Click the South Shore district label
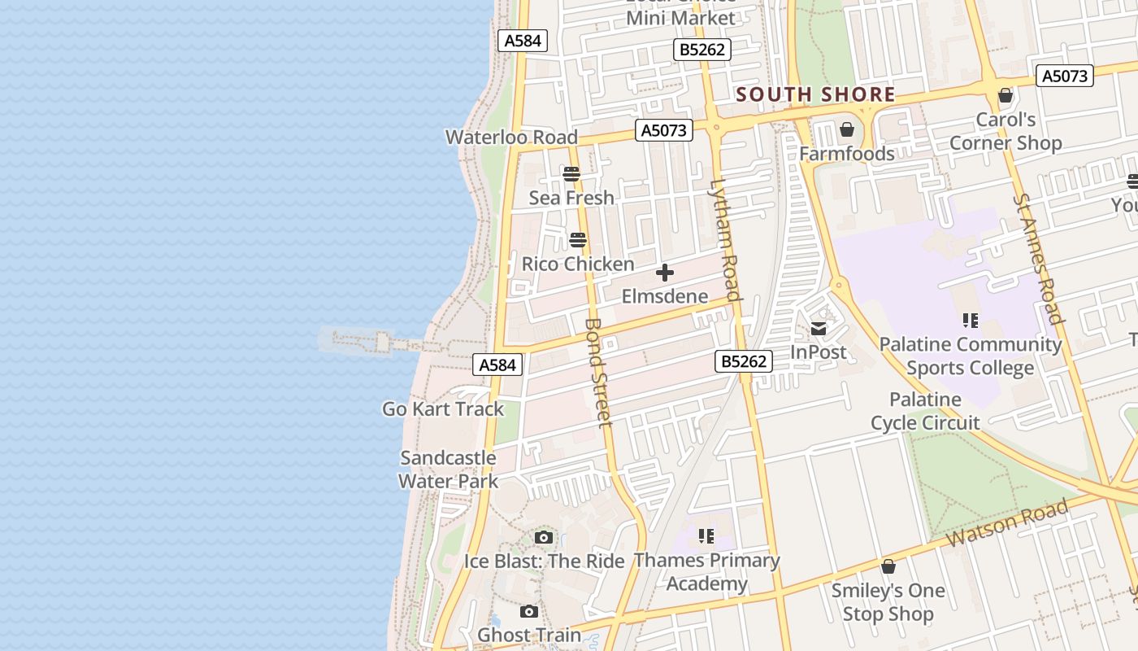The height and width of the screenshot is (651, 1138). (x=815, y=94)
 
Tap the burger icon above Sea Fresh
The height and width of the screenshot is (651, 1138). (x=571, y=173)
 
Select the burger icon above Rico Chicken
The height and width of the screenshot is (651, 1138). (x=578, y=240)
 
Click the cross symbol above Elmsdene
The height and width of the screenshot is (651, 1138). (x=665, y=273)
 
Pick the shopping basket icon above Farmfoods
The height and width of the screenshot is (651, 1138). (x=847, y=129)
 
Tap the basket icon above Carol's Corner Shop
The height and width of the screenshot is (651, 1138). (x=1006, y=95)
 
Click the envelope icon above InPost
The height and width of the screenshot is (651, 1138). (x=819, y=329)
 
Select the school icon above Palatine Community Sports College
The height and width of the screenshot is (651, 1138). (x=970, y=321)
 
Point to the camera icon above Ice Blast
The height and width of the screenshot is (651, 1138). (x=544, y=537)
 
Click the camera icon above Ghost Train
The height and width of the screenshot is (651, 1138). (x=529, y=611)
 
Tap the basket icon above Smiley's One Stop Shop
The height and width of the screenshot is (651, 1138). (x=888, y=566)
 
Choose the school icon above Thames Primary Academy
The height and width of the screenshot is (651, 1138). (x=706, y=535)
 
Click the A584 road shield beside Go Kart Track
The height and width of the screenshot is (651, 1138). (x=497, y=365)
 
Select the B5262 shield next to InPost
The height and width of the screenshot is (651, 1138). (x=744, y=361)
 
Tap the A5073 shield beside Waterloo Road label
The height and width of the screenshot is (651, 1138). (x=664, y=130)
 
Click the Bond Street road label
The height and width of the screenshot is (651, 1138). (x=597, y=372)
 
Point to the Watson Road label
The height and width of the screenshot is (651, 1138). (x=1007, y=524)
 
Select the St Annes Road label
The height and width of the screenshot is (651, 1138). (x=1038, y=259)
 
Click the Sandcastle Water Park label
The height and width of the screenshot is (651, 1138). (x=448, y=470)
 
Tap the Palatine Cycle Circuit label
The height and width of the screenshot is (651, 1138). (x=925, y=411)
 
